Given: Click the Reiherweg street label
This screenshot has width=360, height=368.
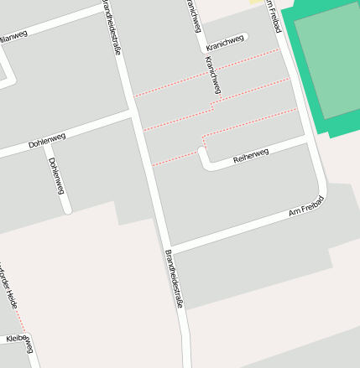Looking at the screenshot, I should tap(251, 155).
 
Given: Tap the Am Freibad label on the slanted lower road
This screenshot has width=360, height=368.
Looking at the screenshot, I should tap(306, 209).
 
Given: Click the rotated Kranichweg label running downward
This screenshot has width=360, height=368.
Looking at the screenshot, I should tap(213, 76).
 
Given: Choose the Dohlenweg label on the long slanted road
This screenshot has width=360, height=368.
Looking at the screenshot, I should tap(47, 139).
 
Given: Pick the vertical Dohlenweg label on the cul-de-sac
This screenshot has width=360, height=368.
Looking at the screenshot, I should tap(56, 175).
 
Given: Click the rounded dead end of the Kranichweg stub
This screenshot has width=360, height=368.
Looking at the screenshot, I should tap(246, 37).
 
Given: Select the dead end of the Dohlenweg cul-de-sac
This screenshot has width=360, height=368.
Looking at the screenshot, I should tap(68, 209).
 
